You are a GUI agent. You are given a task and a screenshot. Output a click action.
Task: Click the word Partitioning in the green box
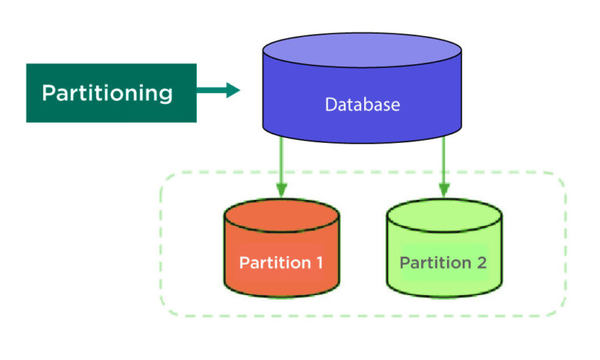107,93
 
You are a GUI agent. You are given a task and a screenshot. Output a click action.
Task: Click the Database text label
362,104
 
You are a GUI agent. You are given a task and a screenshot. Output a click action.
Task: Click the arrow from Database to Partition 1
281,168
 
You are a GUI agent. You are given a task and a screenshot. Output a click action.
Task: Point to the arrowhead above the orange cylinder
281,190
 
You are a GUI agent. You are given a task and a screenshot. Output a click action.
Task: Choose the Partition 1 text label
281,262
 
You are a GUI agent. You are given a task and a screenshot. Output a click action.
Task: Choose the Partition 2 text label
443,262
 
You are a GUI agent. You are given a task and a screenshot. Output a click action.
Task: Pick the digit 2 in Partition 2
480,262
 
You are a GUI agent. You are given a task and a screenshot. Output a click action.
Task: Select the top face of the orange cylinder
281,216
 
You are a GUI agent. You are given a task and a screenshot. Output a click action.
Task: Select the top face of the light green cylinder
444,216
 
